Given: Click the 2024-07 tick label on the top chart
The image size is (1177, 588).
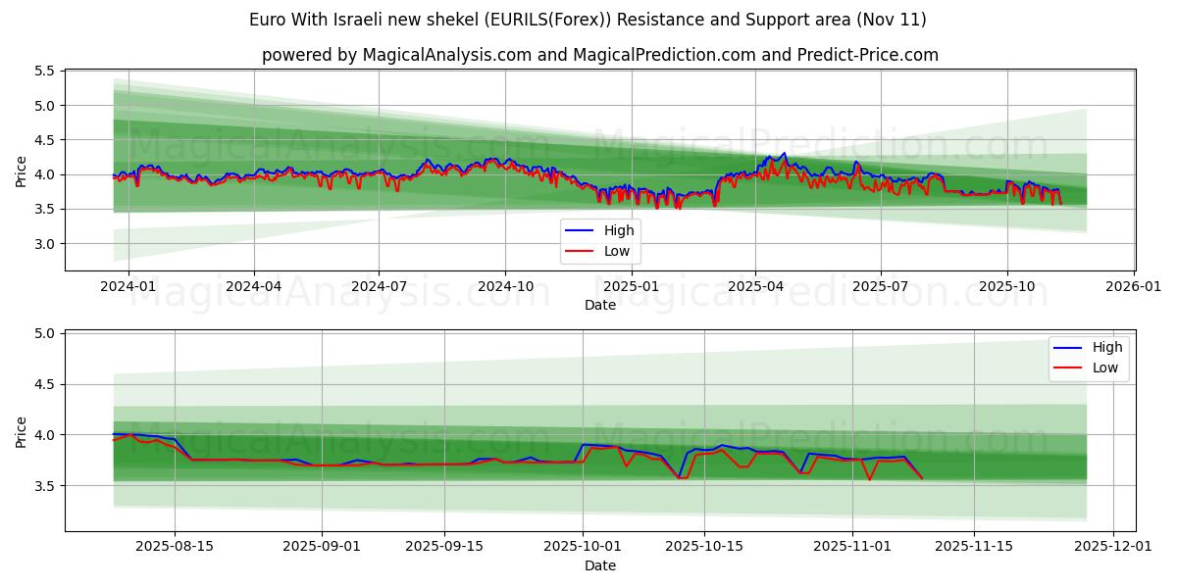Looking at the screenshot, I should point(380,286).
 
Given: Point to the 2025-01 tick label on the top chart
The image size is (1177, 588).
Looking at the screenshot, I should point(631,286).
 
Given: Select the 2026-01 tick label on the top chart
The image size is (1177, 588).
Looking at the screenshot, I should point(1134,286).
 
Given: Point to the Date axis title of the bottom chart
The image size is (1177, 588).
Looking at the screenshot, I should point(600,565).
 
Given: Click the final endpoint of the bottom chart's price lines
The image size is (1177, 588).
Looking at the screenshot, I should point(921,478).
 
